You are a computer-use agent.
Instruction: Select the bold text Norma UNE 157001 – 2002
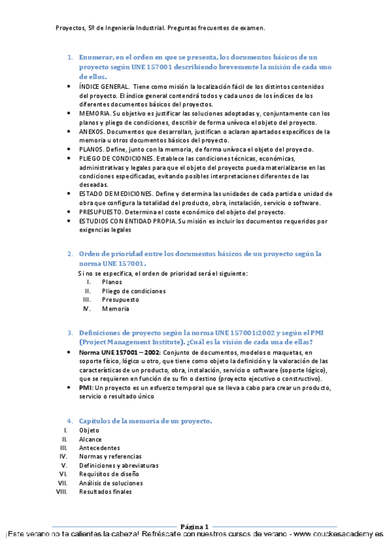119,352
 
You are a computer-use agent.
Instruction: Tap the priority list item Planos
112,282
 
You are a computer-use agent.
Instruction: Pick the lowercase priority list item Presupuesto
120,300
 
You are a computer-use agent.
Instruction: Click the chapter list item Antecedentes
99,448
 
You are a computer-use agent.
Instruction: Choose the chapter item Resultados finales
105,492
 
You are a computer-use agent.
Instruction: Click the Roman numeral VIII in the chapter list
62,492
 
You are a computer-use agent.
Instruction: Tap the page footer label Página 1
194,527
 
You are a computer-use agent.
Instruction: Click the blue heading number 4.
70,422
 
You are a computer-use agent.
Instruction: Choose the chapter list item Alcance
90,439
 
